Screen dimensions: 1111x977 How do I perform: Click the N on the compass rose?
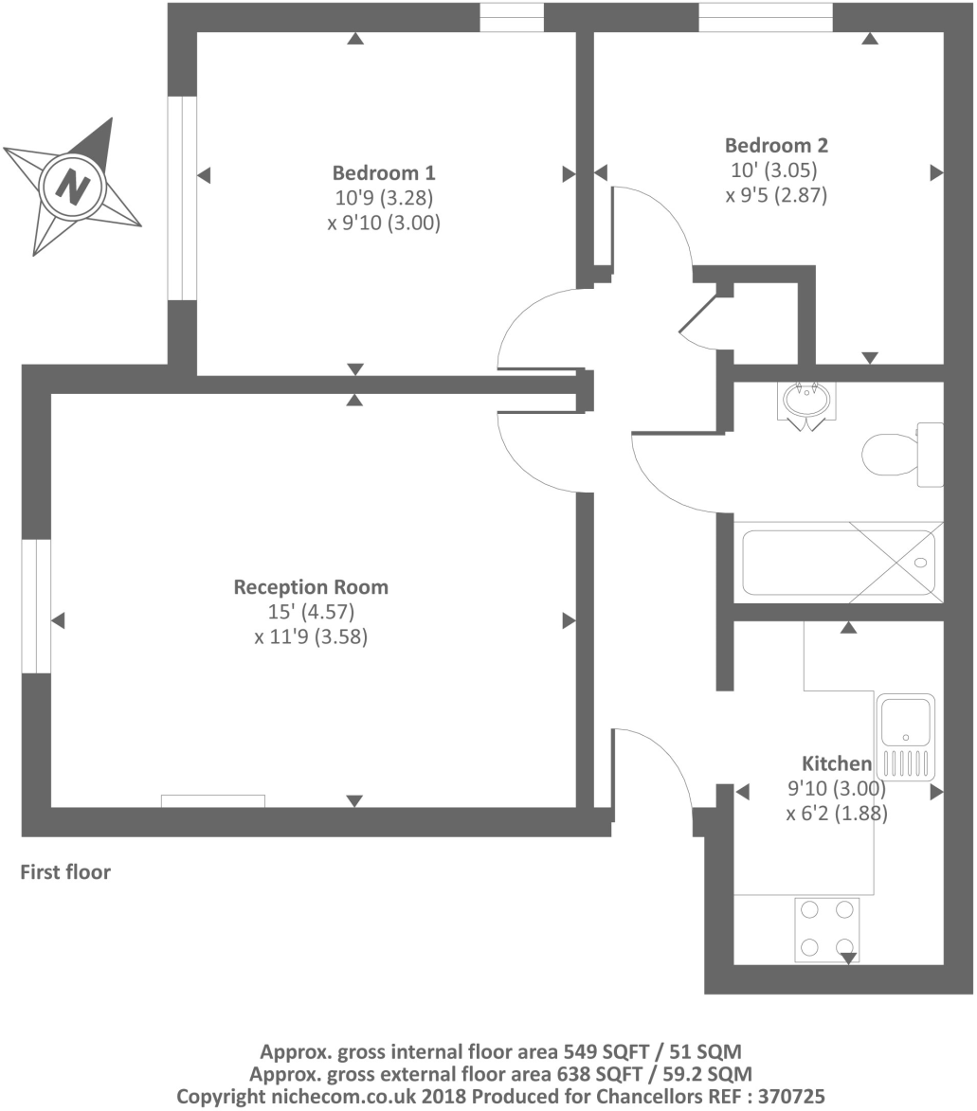click(x=71, y=184)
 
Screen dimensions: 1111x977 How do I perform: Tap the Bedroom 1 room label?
click(x=384, y=173)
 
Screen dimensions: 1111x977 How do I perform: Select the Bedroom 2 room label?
click(x=776, y=146)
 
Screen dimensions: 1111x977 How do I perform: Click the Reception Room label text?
click(x=311, y=587)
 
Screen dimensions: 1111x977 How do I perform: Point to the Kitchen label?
click(x=837, y=763)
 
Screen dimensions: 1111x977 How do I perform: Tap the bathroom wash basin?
click(x=807, y=400)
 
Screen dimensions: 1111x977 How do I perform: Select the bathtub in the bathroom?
click(x=838, y=563)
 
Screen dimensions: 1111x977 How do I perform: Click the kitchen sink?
click(x=905, y=720)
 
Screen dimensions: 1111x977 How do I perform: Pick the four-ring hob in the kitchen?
click(x=827, y=928)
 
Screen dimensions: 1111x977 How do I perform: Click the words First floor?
click(x=65, y=872)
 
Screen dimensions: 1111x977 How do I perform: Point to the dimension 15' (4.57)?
click(x=311, y=612)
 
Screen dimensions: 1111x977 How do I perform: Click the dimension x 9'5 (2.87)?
click(x=777, y=197)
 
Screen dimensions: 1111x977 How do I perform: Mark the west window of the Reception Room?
click(x=35, y=606)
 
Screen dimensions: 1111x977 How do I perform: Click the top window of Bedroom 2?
click(x=766, y=17)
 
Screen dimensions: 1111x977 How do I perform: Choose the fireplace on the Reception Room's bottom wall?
click(x=212, y=801)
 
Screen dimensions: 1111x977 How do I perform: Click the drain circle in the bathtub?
click(x=920, y=563)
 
